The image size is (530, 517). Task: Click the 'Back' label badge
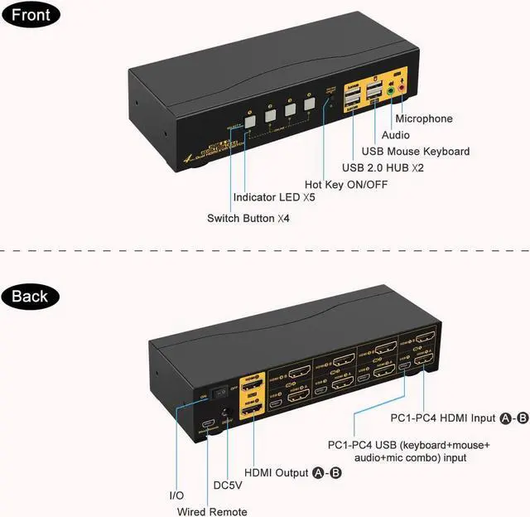(x=30, y=296)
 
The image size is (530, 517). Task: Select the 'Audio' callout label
(x=395, y=135)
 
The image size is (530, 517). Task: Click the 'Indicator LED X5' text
(x=274, y=198)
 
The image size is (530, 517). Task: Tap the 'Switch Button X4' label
(x=248, y=219)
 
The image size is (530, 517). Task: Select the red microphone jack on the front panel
(x=402, y=82)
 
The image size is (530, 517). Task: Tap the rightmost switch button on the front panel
(x=310, y=104)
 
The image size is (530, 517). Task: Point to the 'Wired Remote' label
(x=212, y=511)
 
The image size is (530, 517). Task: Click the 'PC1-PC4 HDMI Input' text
(x=442, y=418)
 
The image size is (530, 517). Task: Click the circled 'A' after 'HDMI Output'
(x=317, y=472)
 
